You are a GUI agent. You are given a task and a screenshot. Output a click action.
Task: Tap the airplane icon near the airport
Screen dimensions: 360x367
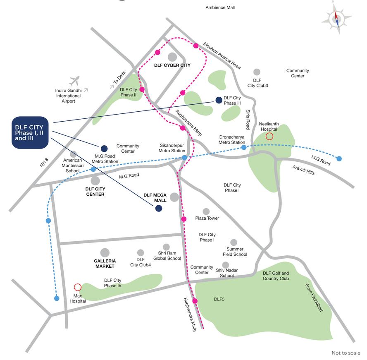[x=74, y=80]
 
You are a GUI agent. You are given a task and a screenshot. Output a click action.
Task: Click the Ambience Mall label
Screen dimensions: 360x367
[x=220, y=7]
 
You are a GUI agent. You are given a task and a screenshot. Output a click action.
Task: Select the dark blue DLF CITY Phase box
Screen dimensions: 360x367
[x=30, y=132]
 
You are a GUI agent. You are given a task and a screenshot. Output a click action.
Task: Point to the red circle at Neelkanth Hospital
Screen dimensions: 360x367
[x=269, y=137]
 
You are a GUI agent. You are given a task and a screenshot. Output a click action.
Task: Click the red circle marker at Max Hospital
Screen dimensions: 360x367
[x=77, y=287]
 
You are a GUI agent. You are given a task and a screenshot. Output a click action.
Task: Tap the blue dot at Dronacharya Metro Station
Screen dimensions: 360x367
[x=244, y=147]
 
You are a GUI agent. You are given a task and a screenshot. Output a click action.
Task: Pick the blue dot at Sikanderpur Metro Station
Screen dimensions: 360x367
[x=184, y=158]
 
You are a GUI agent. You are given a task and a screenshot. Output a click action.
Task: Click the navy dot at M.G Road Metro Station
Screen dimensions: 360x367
[x=104, y=148]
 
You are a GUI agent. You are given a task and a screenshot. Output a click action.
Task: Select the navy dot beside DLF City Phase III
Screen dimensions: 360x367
[x=219, y=100]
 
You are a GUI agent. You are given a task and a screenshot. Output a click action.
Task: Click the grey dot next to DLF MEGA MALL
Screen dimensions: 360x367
[x=174, y=197]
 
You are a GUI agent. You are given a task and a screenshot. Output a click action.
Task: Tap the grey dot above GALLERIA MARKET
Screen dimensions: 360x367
[x=105, y=252]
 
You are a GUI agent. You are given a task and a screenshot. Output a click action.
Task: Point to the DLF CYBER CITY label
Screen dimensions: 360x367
[x=172, y=65]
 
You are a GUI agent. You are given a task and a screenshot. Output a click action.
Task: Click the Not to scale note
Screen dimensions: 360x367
[x=346, y=353]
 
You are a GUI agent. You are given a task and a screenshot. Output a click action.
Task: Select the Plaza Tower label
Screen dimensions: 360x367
[x=207, y=218]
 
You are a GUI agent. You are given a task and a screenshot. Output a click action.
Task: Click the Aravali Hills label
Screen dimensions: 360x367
[x=303, y=170]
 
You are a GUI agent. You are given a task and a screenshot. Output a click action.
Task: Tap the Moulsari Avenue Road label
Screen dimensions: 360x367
[x=222, y=55]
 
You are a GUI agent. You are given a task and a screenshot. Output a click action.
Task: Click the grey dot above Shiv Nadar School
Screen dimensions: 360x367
[x=226, y=265]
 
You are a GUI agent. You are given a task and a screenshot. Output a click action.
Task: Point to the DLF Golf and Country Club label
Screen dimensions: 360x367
[x=276, y=276]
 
